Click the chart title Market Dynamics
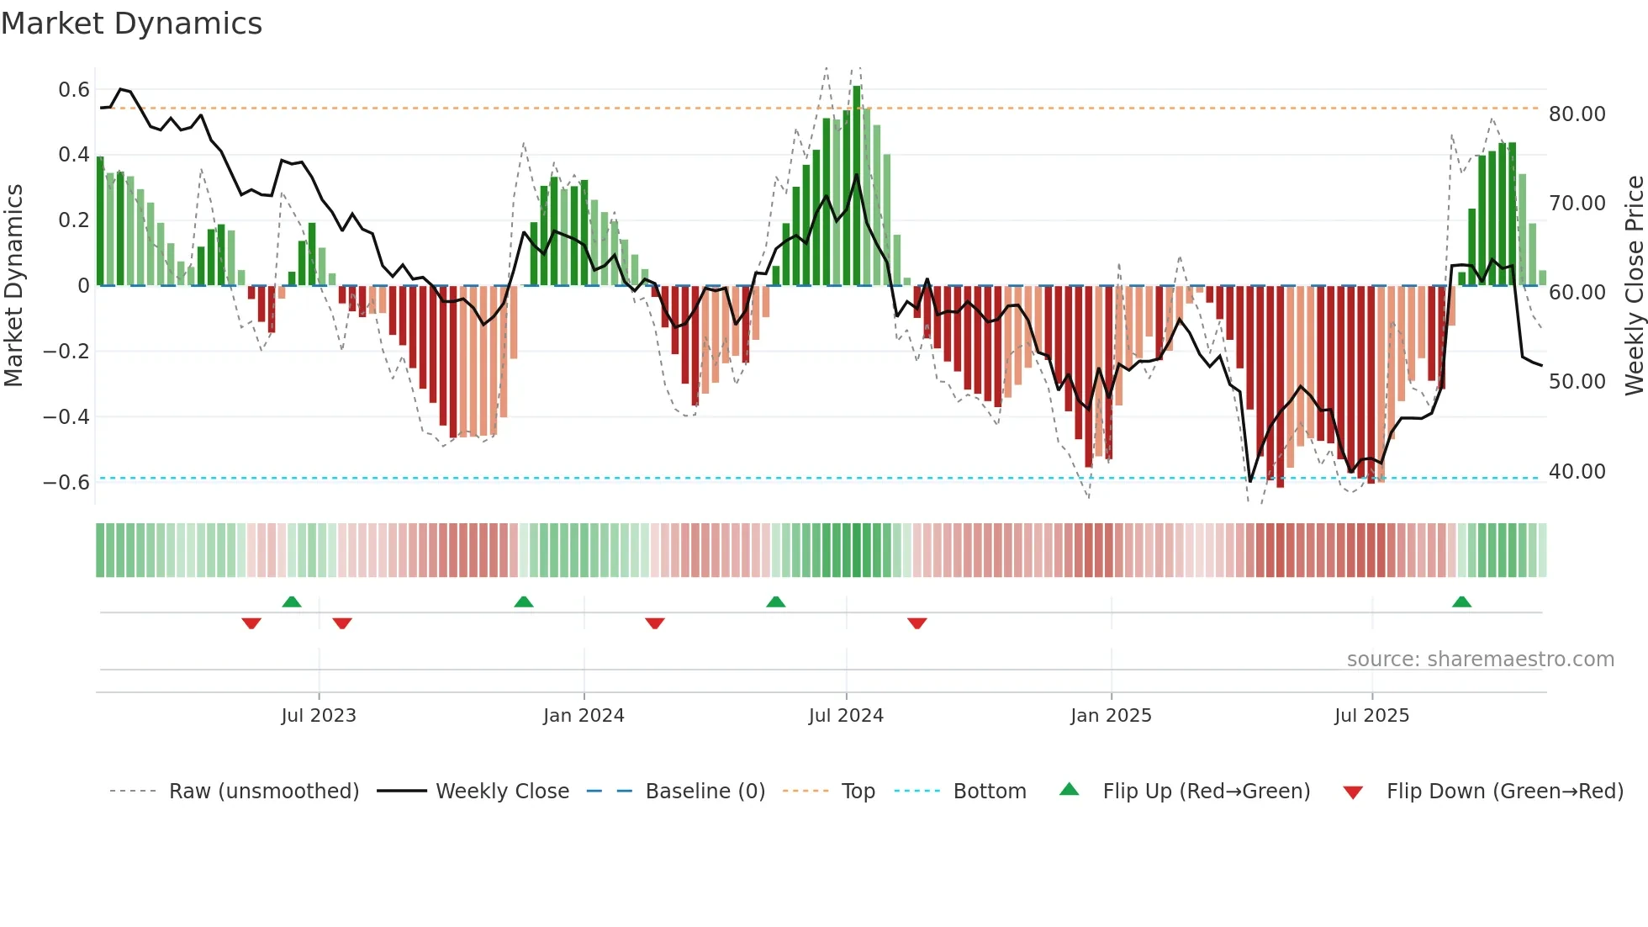click(131, 24)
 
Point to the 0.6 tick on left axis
click(74, 89)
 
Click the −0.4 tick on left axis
click(66, 416)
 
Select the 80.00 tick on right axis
click(1577, 114)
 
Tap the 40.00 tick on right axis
click(1577, 471)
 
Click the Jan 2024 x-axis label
click(584, 715)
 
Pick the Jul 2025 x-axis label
click(1371, 715)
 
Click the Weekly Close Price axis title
click(1634, 285)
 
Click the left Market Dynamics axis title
click(13, 285)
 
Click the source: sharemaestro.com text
click(1480, 659)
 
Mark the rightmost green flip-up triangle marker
click(1461, 601)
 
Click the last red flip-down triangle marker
click(916, 623)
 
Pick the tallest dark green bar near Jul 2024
click(856, 185)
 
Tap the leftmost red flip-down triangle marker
click(251, 623)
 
